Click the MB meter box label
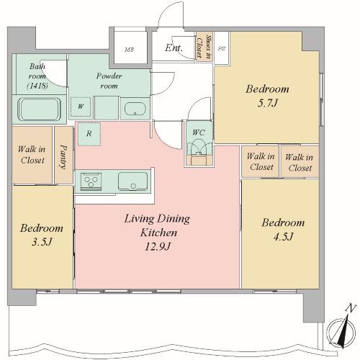(x=129, y=50)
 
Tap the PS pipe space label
(x=222, y=48)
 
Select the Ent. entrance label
(x=174, y=48)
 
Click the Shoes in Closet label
(x=204, y=46)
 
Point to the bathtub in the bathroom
(x=40, y=109)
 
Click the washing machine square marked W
(x=81, y=107)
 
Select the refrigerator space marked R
(x=89, y=134)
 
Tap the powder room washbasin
(x=135, y=109)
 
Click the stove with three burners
(x=91, y=181)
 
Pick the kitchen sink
(x=132, y=181)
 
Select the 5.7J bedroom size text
(x=268, y=103)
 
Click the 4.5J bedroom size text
(x=283, y=237)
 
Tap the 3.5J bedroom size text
(x=42, y=242)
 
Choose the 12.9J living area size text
(x=158, y=246)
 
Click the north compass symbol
(x=341, y=333)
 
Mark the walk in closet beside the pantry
(x=32, y=155)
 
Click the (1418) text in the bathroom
(x=37, y=86)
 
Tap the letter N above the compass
(x=350, y=308)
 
